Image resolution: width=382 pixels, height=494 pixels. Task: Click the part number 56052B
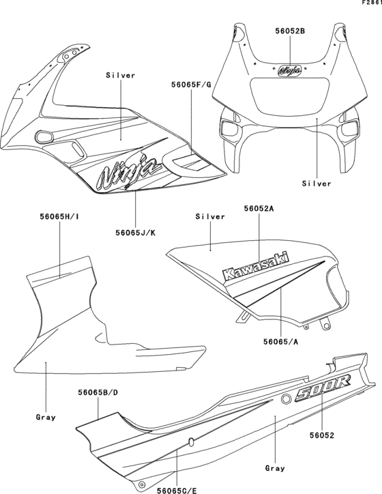(x=290, y=31)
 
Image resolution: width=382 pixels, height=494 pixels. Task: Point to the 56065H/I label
(x=59, y=217)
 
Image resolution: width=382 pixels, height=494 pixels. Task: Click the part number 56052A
(x=259, y=212)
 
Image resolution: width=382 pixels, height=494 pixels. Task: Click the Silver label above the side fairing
(x=121, y=75)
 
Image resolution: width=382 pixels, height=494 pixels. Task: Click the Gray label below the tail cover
(x=276, y=469)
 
